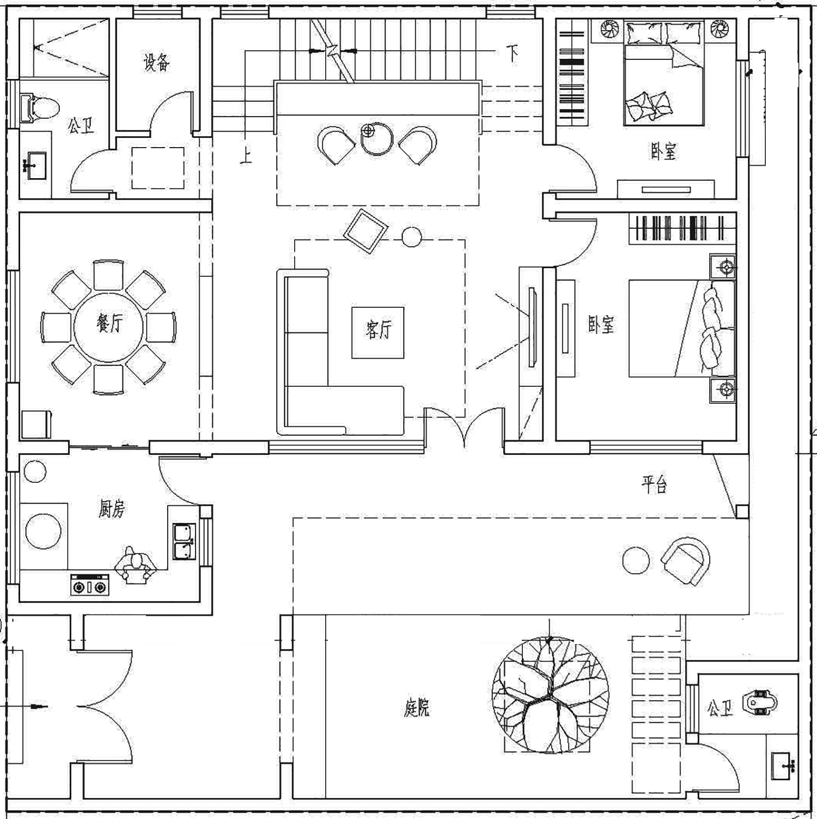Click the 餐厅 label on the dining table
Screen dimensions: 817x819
click(110, 325)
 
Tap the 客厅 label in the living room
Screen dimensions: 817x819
click(379, 330)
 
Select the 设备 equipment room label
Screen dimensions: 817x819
click(156, 63)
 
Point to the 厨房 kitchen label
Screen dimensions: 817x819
click(112, 509)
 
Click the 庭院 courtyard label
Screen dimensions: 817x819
click(417, 708)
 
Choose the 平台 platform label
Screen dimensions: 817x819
click(654, 484)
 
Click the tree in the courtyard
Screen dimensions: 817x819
click(550, 695)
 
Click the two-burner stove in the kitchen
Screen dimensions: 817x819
click(90, 586)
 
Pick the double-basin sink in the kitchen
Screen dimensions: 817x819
click(184, 541)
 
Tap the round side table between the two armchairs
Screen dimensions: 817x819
click(377, 138)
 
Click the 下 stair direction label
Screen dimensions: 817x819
click(513, 53)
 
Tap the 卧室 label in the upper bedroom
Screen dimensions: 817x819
click(663, 151)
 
